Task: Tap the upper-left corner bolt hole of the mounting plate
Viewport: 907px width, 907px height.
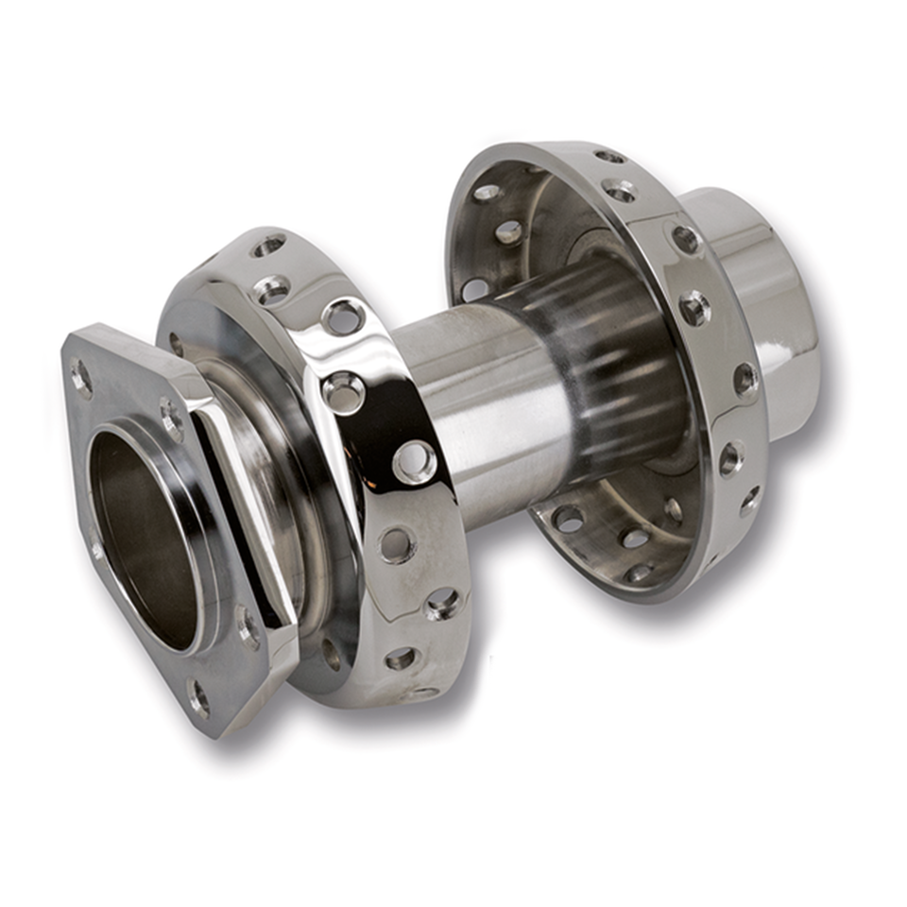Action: click(x=81, y=379)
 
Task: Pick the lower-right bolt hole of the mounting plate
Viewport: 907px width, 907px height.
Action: click(x=248, y=625)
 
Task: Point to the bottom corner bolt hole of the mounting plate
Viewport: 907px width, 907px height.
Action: click(x=199, y=698)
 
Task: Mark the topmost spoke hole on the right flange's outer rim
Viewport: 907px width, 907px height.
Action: click(x=610, y=156)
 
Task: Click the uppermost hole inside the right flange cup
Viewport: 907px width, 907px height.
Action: click(x=487, y=193)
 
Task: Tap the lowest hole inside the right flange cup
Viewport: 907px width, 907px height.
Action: click(x=638, y=573)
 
